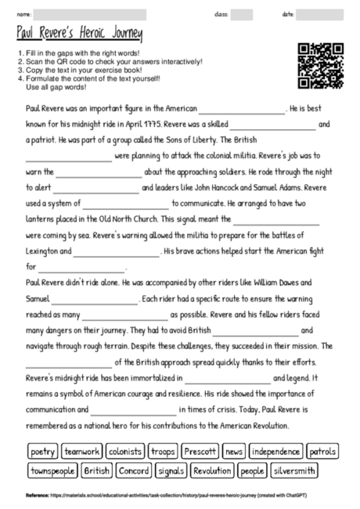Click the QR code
tap(321, 66)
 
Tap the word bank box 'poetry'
tap(42, 452)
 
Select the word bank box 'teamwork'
tap(82, 452)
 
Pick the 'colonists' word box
tap(125, 452)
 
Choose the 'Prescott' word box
tap(200, 452)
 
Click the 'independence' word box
tap(276, 452)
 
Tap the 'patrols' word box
tap(322, 452)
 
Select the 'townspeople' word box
tap(52, 471)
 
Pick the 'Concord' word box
tap(135, 471)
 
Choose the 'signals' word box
tap(171, 471)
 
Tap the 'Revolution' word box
tap(212, 471)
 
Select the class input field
tap(242, 14)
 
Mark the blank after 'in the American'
tap(243, 110)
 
